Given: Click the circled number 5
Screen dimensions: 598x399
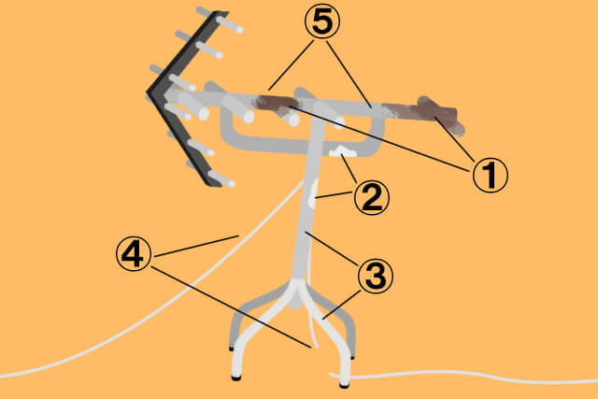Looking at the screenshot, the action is click(322, 21).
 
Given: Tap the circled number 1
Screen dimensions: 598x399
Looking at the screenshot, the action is click(491, 175).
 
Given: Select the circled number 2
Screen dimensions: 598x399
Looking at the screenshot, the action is click(372, 198).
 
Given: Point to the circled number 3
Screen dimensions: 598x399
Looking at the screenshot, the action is click(376, 276).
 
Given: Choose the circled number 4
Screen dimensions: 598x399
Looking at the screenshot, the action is click(134, 253).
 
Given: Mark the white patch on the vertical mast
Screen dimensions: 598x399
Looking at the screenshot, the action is click(313, 193).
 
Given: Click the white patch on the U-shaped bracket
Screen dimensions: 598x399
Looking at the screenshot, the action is click(343, 151).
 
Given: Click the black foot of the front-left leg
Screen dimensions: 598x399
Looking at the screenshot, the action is click(236, 378).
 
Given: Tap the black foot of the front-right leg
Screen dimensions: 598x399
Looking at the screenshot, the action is click(344, 385).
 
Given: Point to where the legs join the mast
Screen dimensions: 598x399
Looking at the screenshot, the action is click(299, 287).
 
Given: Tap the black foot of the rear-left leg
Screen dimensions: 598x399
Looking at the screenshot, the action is click(231, 349).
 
